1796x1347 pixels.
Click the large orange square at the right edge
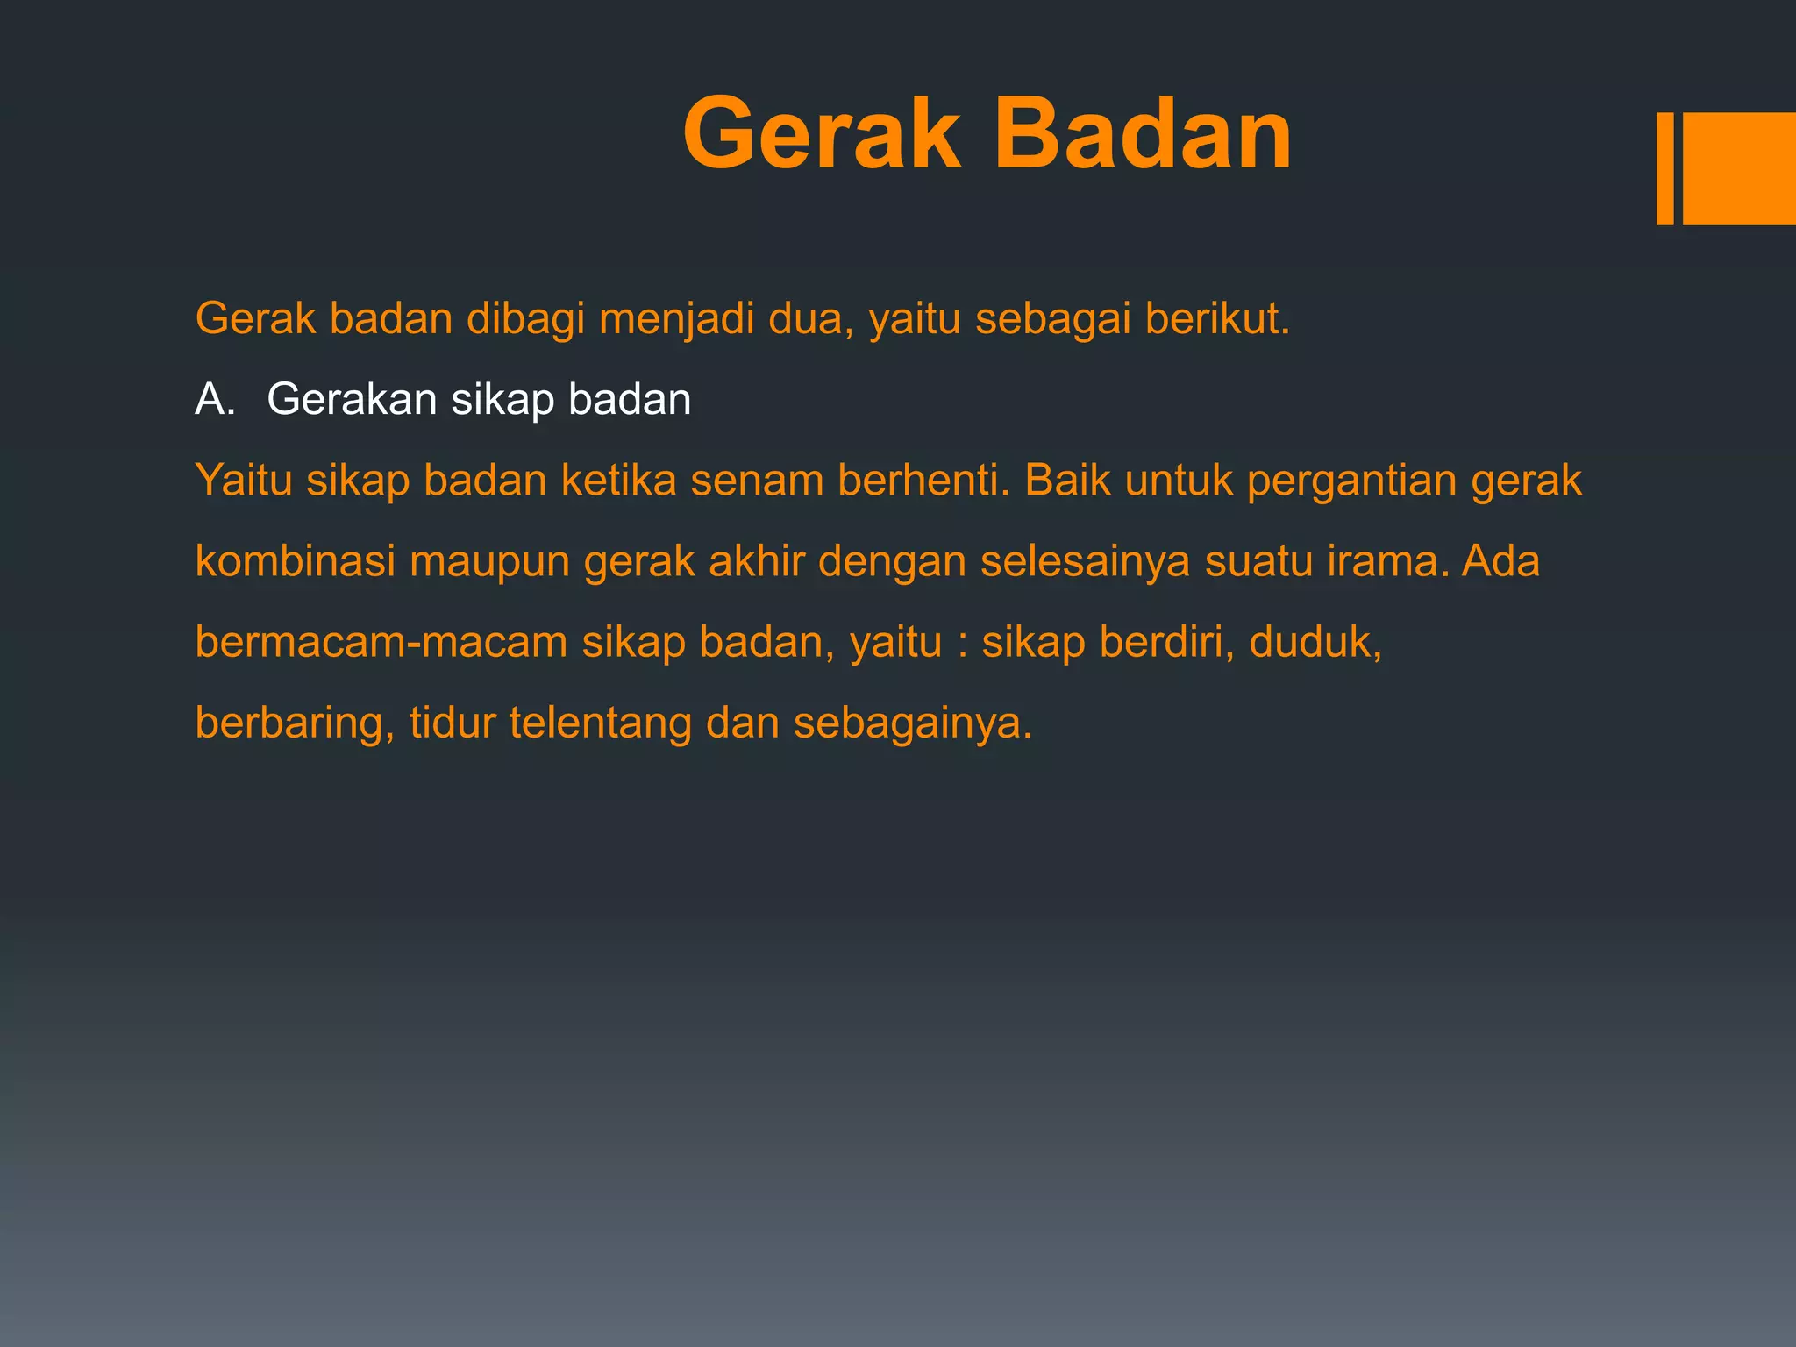click(x=1739, y=168)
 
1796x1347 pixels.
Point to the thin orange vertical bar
click(x=1664, y=168)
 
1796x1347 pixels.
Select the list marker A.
click(x=215, y=400)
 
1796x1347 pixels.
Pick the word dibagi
click(x=525, y=318)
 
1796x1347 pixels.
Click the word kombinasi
click(x=296, y=561)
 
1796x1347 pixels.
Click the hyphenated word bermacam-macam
click(x=381, y=642)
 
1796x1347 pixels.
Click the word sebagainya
click(x=913, y=723)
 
